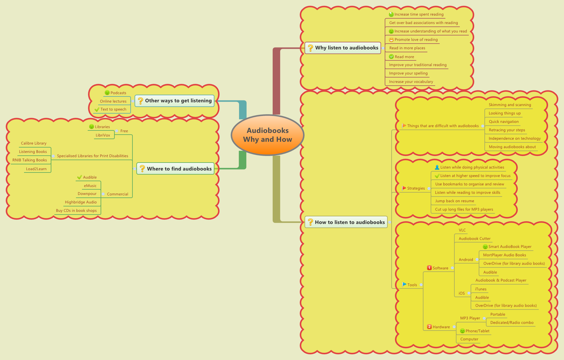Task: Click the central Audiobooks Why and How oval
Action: click(267, 135)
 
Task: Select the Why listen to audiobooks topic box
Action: click(343, 48)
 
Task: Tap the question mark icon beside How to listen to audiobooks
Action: click(310, 222)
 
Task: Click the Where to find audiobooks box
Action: click(175, 169)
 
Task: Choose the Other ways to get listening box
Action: click(174, 101)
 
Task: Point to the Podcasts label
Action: click(118, 93)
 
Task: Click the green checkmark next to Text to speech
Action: click(97, 109)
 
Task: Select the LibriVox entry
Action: click(103, 135)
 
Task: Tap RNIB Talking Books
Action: click(29, 160)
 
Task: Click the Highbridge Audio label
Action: click(81, 202)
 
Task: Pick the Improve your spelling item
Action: click(408, 73)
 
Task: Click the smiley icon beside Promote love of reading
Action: click(391, 40)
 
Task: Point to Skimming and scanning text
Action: click(510, 105)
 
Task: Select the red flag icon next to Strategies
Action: click(404, 188)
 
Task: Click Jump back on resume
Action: click(454, 201)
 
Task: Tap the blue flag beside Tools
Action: click(404, 284)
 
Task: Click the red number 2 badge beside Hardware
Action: click(429, 327)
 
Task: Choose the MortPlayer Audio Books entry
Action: click(504, 255)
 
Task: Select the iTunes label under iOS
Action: click(481, 289)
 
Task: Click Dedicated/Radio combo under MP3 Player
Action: click(512, 323)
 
